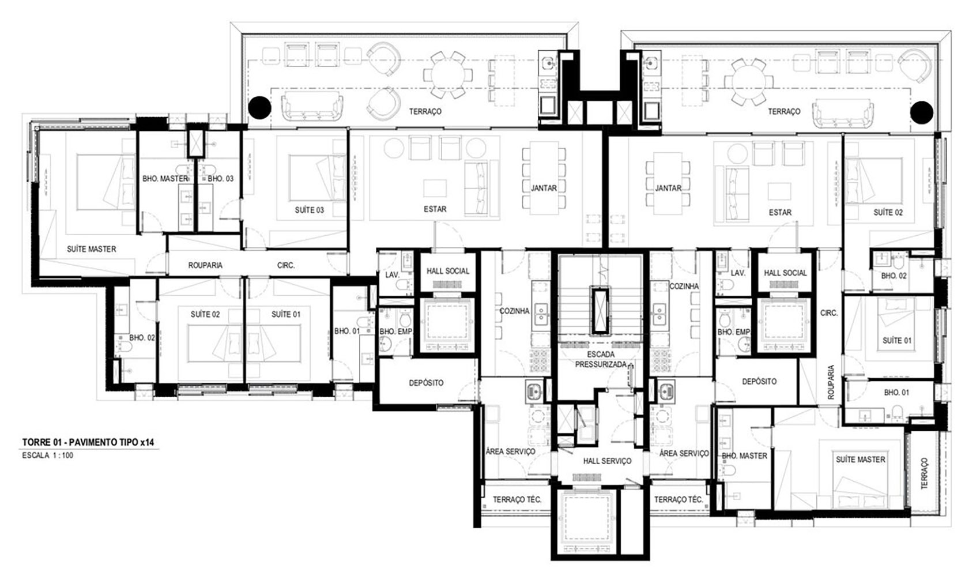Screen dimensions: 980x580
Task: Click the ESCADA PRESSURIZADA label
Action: pyautogui.click(x=600, y=359)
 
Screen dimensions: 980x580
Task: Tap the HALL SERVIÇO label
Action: pyautogui.click(x=607, y=461)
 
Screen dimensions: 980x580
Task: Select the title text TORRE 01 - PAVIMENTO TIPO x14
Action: pyautogui.click(x=88, y=442)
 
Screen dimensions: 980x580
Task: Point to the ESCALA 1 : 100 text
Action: pyautogui.click(x=48, y=455)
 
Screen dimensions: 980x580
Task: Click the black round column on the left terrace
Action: pyautogui.click(x=259, y=108)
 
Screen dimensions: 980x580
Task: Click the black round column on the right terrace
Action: pyautogui.click(x=921, y=113)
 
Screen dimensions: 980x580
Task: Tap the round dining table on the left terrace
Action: pyautogui.click(x=447, y=74)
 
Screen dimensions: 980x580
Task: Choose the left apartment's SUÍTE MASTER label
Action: pyautogui.click(x=92, y=249)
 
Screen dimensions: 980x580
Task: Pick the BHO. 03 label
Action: pyautogui.click(x=220, y=179)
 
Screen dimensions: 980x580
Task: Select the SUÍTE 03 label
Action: pyautogui.click(x=310, y=210)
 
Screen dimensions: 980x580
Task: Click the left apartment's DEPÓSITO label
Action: pyautogui.click(x=426, y=383)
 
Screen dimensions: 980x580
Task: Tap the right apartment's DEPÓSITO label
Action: pyautogui.click(x=759, y=382)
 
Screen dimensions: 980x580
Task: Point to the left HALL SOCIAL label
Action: pyautogui.click(x=448, y=271)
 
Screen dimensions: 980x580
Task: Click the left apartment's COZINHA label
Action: pyautogui.click(x=514, y=311)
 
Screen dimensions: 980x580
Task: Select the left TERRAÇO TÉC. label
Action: pyautogui.click(x=517, y=499)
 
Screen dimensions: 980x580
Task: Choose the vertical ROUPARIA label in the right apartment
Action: pyautogui.click(x=831, y=382)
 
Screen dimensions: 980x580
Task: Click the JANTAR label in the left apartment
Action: pyautogui.click(x=544, y=188)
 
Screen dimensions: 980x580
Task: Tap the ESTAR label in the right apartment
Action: pyautogui.click(x=780, y=213)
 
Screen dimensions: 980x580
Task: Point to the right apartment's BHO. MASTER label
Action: pyautogui.click(x=744, y=456)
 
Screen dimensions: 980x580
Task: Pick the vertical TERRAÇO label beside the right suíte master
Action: pyautogui.click(x=925, y=473)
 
